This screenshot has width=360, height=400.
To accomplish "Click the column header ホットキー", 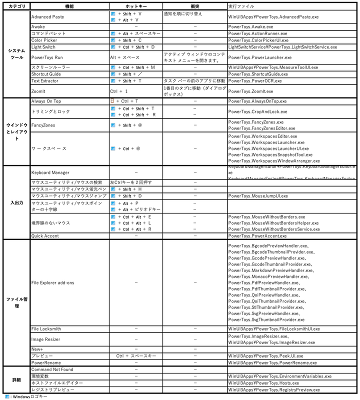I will pyautogui.click(x=135, y=6).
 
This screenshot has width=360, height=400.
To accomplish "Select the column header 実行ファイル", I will pyautogui.click(x=240, y=6).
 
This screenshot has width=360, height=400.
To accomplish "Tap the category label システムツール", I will pyautogui.click(x=16, y=54).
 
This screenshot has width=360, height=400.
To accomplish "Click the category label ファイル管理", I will pyautogui.click(x=16, y=302).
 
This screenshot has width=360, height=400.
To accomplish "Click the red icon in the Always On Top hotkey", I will pyautogui.click(x=112, y=101).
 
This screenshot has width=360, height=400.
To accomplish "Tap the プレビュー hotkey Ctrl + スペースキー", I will pyautogui.click(x=136, y=356).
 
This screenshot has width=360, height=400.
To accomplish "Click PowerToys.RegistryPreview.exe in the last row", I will pyautogui.click(x=273, y=389).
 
